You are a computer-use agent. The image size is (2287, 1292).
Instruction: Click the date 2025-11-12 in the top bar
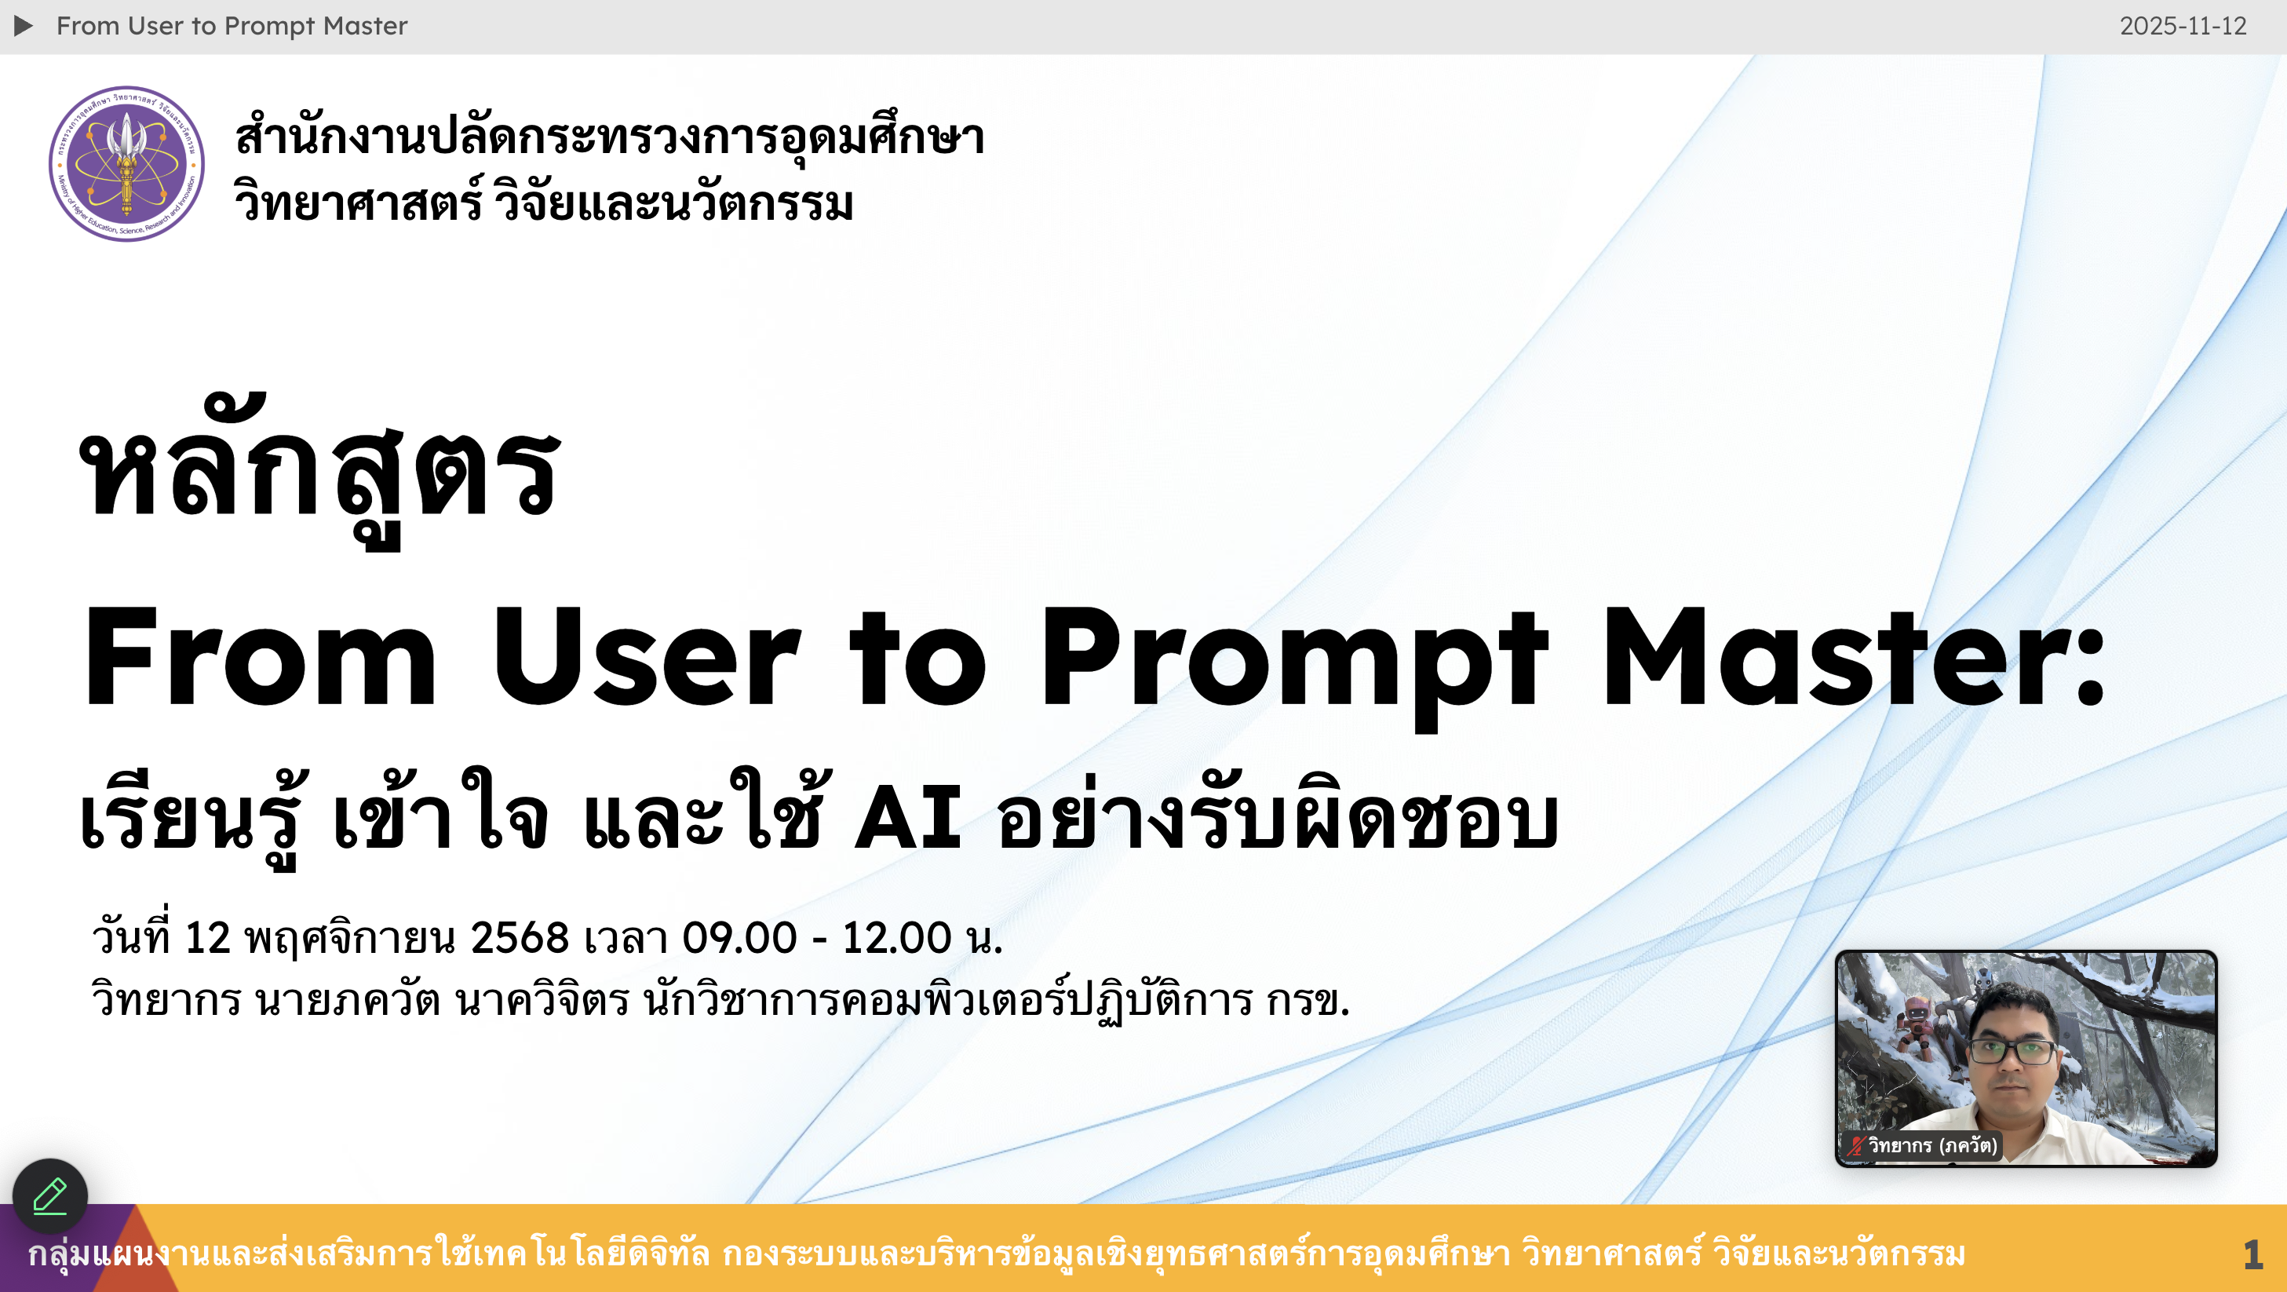(2183, 26)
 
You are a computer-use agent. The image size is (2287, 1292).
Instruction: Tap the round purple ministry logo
(127, 163)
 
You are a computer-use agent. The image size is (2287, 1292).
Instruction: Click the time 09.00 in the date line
(739, 938)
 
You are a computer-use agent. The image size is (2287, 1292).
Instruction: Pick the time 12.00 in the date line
(897, 938)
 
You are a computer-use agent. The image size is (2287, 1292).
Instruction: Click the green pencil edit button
(49, 1196)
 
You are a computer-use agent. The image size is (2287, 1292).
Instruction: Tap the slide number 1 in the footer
(2253, 1254)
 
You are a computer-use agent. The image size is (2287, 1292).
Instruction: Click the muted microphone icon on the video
(1855, 1145)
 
